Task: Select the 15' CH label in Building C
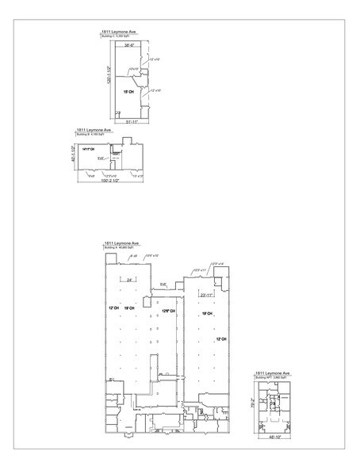tap(127, 93)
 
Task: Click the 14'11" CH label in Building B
tap(88, 149)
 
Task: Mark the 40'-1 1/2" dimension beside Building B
tap(73, 155)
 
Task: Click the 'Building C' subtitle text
tap(117, 36)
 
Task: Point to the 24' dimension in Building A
tap(128, 281)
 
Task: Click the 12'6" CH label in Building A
tap(167, 311)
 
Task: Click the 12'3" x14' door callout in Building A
tap(216, 262)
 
